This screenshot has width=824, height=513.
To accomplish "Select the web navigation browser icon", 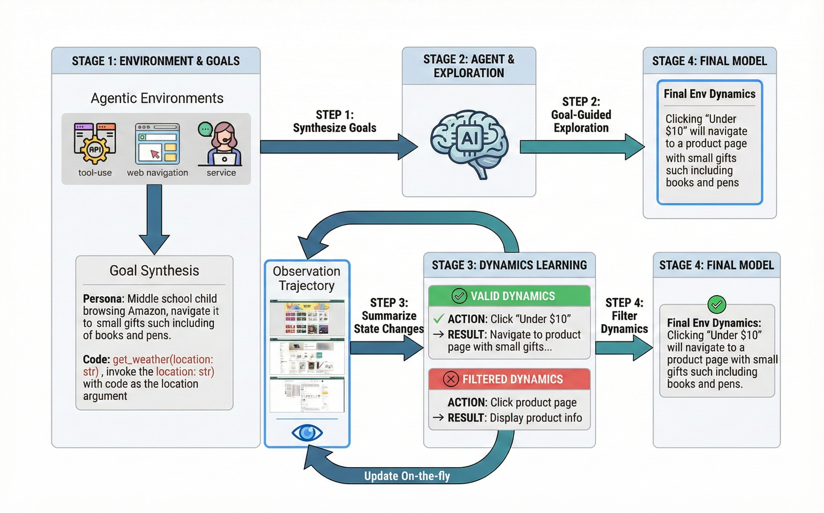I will (157, 144).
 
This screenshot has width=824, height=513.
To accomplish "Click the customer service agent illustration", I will (221, 144).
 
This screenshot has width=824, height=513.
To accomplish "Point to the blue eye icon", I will (307, 433).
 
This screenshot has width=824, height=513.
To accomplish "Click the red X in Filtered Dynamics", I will (451, 379).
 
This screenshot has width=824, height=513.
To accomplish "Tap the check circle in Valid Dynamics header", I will (459, 296).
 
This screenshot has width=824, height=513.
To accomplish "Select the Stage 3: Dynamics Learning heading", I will (509, 265).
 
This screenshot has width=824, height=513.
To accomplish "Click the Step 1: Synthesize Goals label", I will (334, 121).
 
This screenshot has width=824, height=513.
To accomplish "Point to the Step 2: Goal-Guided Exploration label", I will (581, 115).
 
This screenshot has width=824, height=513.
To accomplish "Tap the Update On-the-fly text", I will (407, 476).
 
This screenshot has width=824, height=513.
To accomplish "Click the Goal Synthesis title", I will (154, 271).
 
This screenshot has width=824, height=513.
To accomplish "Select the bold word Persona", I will (103, 299).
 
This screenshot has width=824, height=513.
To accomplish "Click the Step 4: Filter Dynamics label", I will (624, 316).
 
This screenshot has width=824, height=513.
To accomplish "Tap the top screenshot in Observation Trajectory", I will (307, 318).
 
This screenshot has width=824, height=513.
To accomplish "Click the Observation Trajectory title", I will (307, 278).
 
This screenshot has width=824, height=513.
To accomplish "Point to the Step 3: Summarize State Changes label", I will (389, 316).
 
